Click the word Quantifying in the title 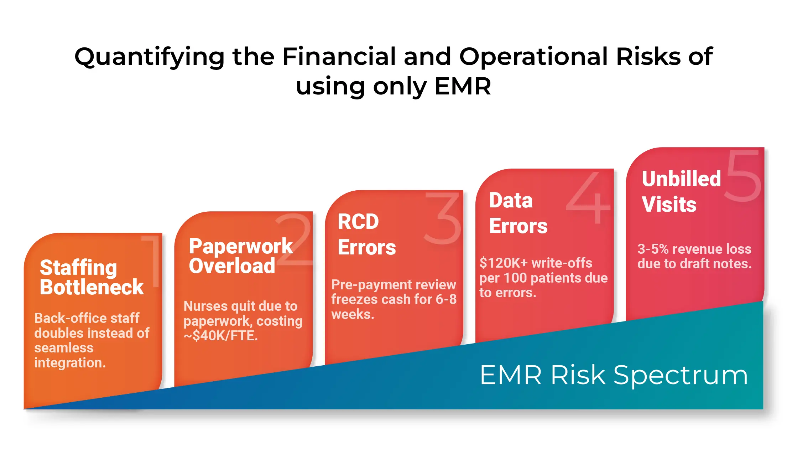[x=149, y=57]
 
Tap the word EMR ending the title [x=463, y=87]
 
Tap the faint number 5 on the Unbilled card [x=744, y=176]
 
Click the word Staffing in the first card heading [x=78, y=268]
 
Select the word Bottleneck [x=92, y=287]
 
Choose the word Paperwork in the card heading [x=241, y=246]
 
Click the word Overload [x=232, y=266]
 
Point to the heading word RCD [x=358, y=222]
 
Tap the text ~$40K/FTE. [x=220, y=336]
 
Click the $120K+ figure [x=504, y=263]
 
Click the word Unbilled [x=681, y=179]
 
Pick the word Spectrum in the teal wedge [x=681, y=375]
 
